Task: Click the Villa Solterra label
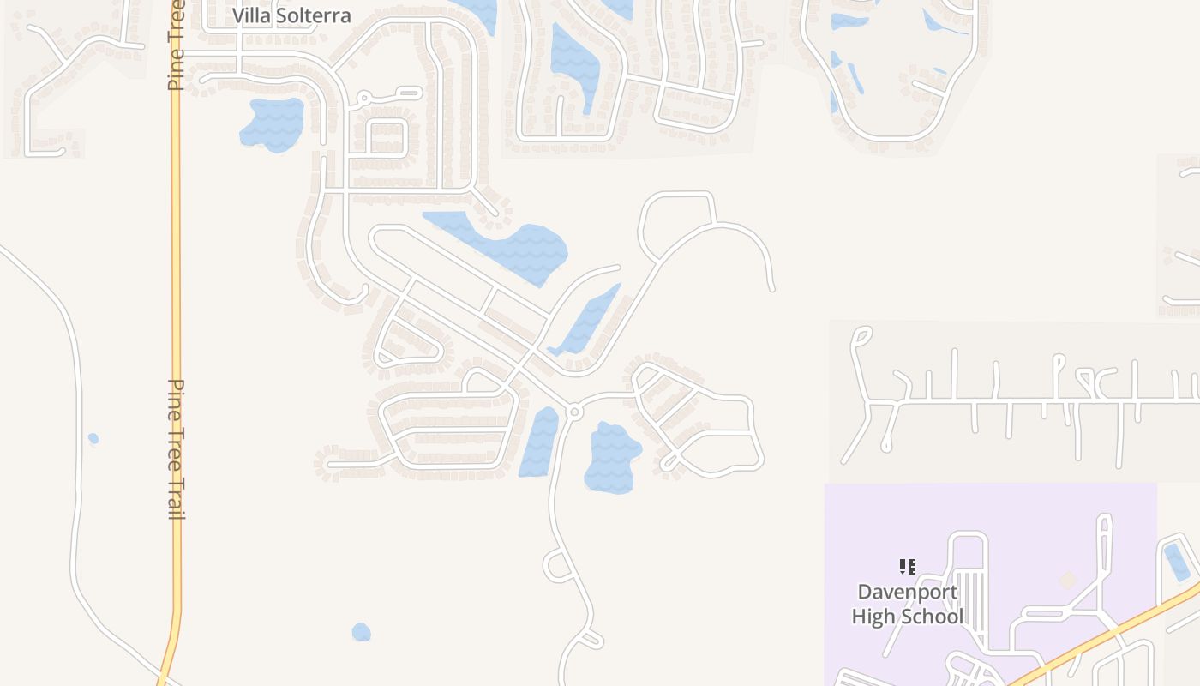(291, 15)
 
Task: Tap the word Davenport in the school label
(907, 592)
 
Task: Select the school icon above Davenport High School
(907, 566)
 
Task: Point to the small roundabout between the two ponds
(574, 412)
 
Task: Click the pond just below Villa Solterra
(273, 124)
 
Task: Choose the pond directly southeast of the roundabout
(612, 457)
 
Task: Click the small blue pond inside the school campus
(1177, 562)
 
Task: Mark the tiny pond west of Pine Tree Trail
(93, 439)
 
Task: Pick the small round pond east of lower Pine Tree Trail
(361, 632)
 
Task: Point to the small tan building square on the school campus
(1067, 581)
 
